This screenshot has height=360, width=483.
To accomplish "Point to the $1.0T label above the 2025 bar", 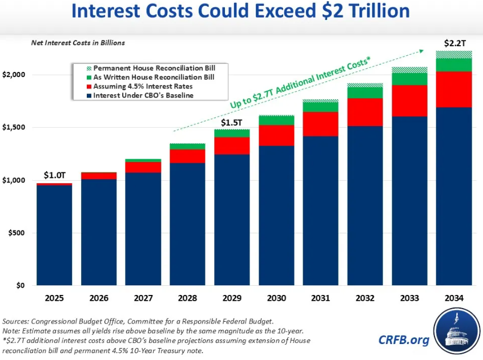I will pos(55,175).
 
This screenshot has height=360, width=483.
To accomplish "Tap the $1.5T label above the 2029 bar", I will pos(232,122).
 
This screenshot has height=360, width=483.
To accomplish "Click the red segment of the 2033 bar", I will pos(409,100).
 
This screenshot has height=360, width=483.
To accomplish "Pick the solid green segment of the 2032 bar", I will pos(365,92).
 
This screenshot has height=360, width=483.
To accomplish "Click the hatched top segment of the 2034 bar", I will pos(453,54).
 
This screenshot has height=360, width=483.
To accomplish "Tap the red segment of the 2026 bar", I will pos(99,176).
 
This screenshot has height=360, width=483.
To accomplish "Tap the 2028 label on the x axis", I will pos(187,298).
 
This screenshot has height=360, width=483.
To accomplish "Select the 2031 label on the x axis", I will pos(320,298).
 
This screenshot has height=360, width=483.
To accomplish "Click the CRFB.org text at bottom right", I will pos(404,340).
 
